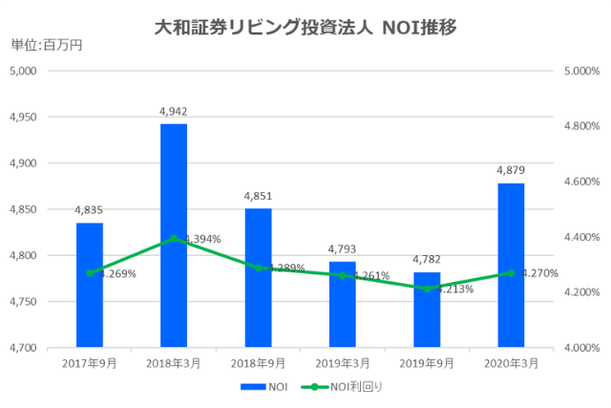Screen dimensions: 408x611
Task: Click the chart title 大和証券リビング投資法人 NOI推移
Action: click(x=305, y=28)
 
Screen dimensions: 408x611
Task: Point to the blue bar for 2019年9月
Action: click(x=427, y=310)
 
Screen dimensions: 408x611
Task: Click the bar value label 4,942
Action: click(x=174, y=112)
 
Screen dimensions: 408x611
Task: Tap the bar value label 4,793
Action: click(x=343, y=249)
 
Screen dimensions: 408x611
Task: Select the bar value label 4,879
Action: click(x=511, y=171)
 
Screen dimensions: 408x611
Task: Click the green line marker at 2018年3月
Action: click(x=174, y=239)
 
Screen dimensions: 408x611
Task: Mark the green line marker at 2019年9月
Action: click(x=427, y=289)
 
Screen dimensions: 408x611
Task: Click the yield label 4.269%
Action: click(x=116, y=273)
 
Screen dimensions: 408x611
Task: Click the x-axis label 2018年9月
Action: click(x=258, y=363)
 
